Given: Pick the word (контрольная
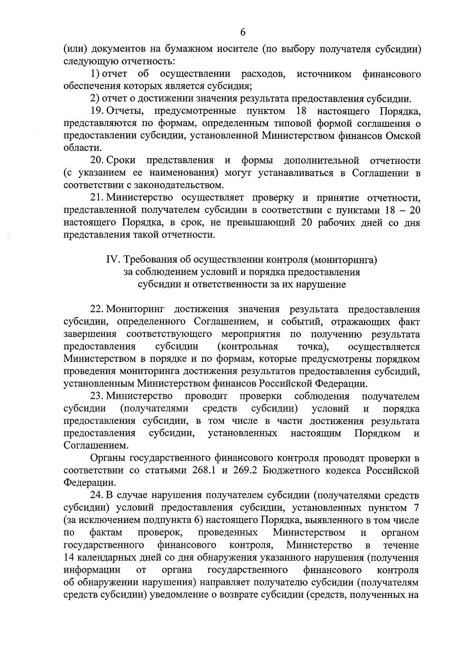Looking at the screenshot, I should (x=248, y=347).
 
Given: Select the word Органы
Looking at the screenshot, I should (x=108, y=458).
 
